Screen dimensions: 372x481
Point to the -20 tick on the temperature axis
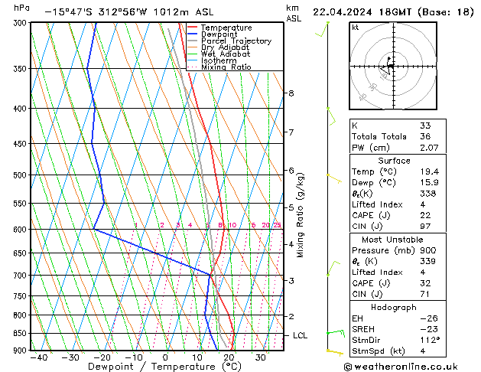pos(102,357)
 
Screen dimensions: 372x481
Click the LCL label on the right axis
pos(301,335)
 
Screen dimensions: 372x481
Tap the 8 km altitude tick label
pos(291,93)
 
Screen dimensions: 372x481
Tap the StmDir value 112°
pos(430,340)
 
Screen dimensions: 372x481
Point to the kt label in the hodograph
pos(356,27)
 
